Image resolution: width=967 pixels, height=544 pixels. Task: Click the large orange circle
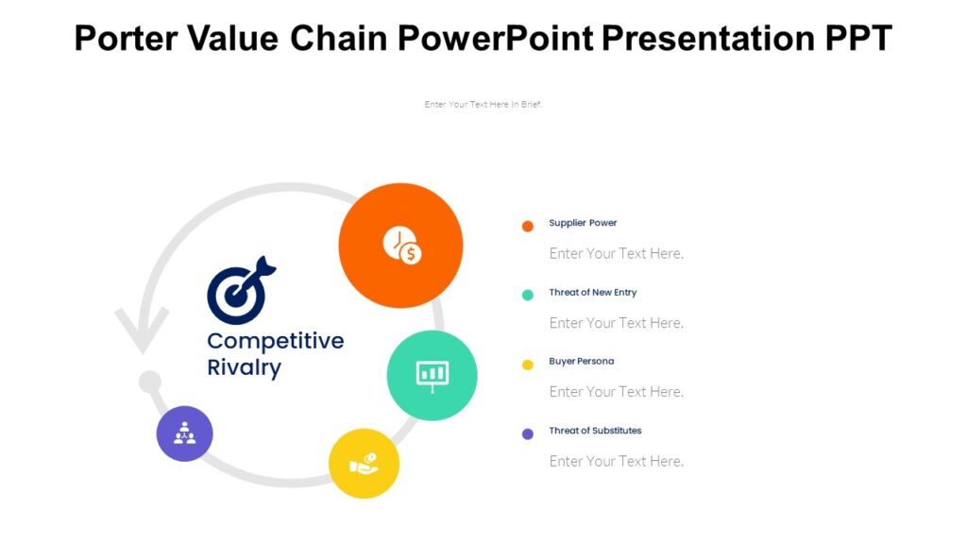point(400,246)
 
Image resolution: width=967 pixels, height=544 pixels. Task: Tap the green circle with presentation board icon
point(432,375)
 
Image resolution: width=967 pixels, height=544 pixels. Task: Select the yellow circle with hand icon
point(364,464)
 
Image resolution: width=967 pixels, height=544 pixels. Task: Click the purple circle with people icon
point(184,433)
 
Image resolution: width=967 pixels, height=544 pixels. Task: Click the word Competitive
point(275,341)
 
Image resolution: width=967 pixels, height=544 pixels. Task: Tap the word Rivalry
point(244,367)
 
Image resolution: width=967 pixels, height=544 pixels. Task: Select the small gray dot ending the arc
point(149,382)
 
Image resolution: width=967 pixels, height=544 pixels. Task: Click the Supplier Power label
point(583,223)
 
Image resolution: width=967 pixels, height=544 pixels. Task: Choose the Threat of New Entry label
point(592,293)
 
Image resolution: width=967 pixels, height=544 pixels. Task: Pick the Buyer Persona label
point(581,362)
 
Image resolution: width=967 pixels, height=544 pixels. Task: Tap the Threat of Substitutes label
point(595,431)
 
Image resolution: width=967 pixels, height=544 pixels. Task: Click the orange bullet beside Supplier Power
point(528,226)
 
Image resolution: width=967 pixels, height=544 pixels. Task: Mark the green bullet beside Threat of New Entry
point(528,295)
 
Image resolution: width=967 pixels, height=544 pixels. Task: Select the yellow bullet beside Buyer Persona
point(528,365)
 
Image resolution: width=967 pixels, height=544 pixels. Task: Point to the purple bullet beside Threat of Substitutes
point(528,433)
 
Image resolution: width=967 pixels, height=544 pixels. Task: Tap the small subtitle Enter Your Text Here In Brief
point(483,105)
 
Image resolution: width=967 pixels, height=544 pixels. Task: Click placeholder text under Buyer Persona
point(616,392)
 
